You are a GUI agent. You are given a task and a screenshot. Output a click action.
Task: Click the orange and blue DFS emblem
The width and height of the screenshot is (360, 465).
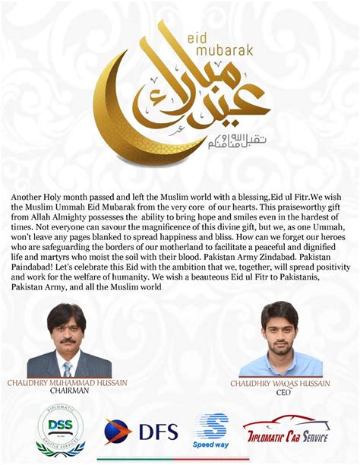(x=118, y=432)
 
